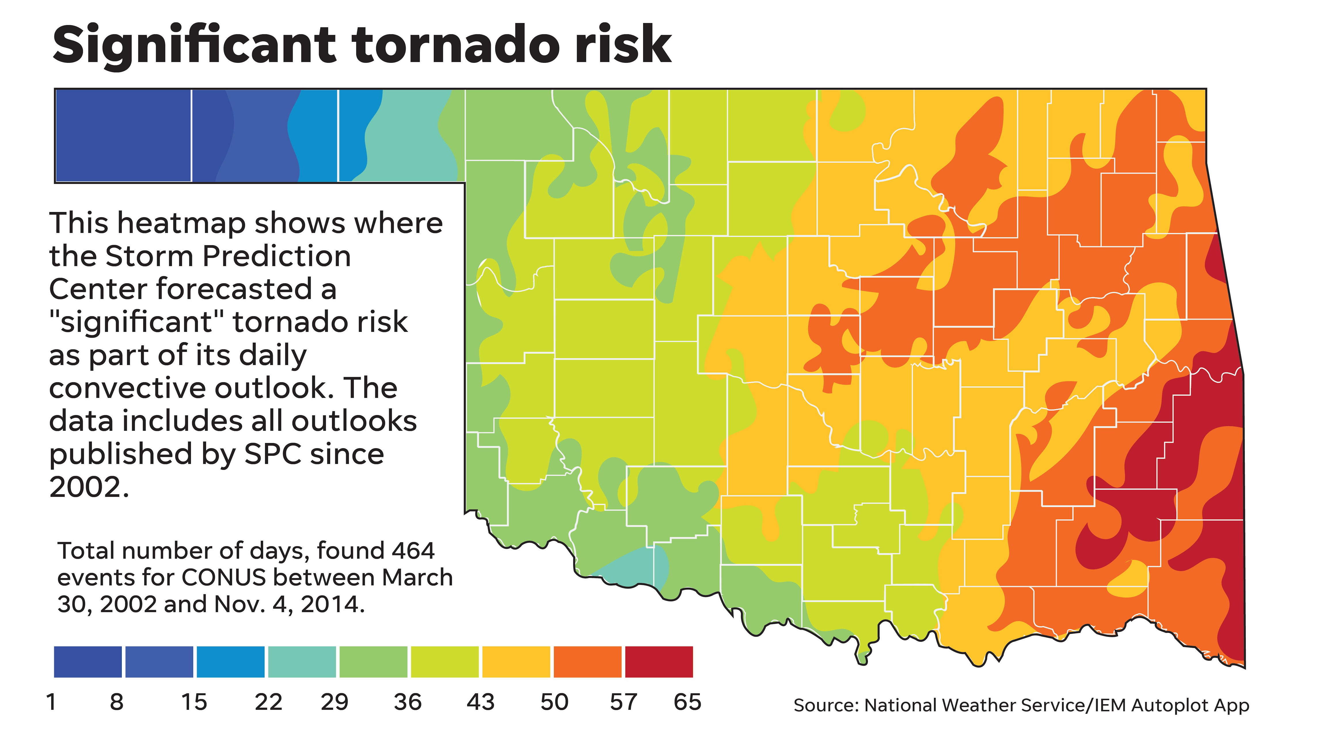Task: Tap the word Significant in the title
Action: [x=194, y=46]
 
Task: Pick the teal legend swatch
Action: [x=302, y=662]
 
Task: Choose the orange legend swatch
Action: [x=587, y=662]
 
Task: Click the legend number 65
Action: [x=687, y=702]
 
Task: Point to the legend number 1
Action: [x=51, y=702]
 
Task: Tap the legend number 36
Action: [x=408, y=702]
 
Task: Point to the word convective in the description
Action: [x=128, y=388]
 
